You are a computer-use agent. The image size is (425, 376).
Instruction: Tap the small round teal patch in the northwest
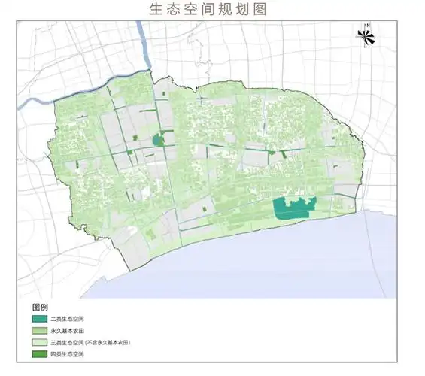(158, 139)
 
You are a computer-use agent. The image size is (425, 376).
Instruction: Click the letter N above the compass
(366, 27)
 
